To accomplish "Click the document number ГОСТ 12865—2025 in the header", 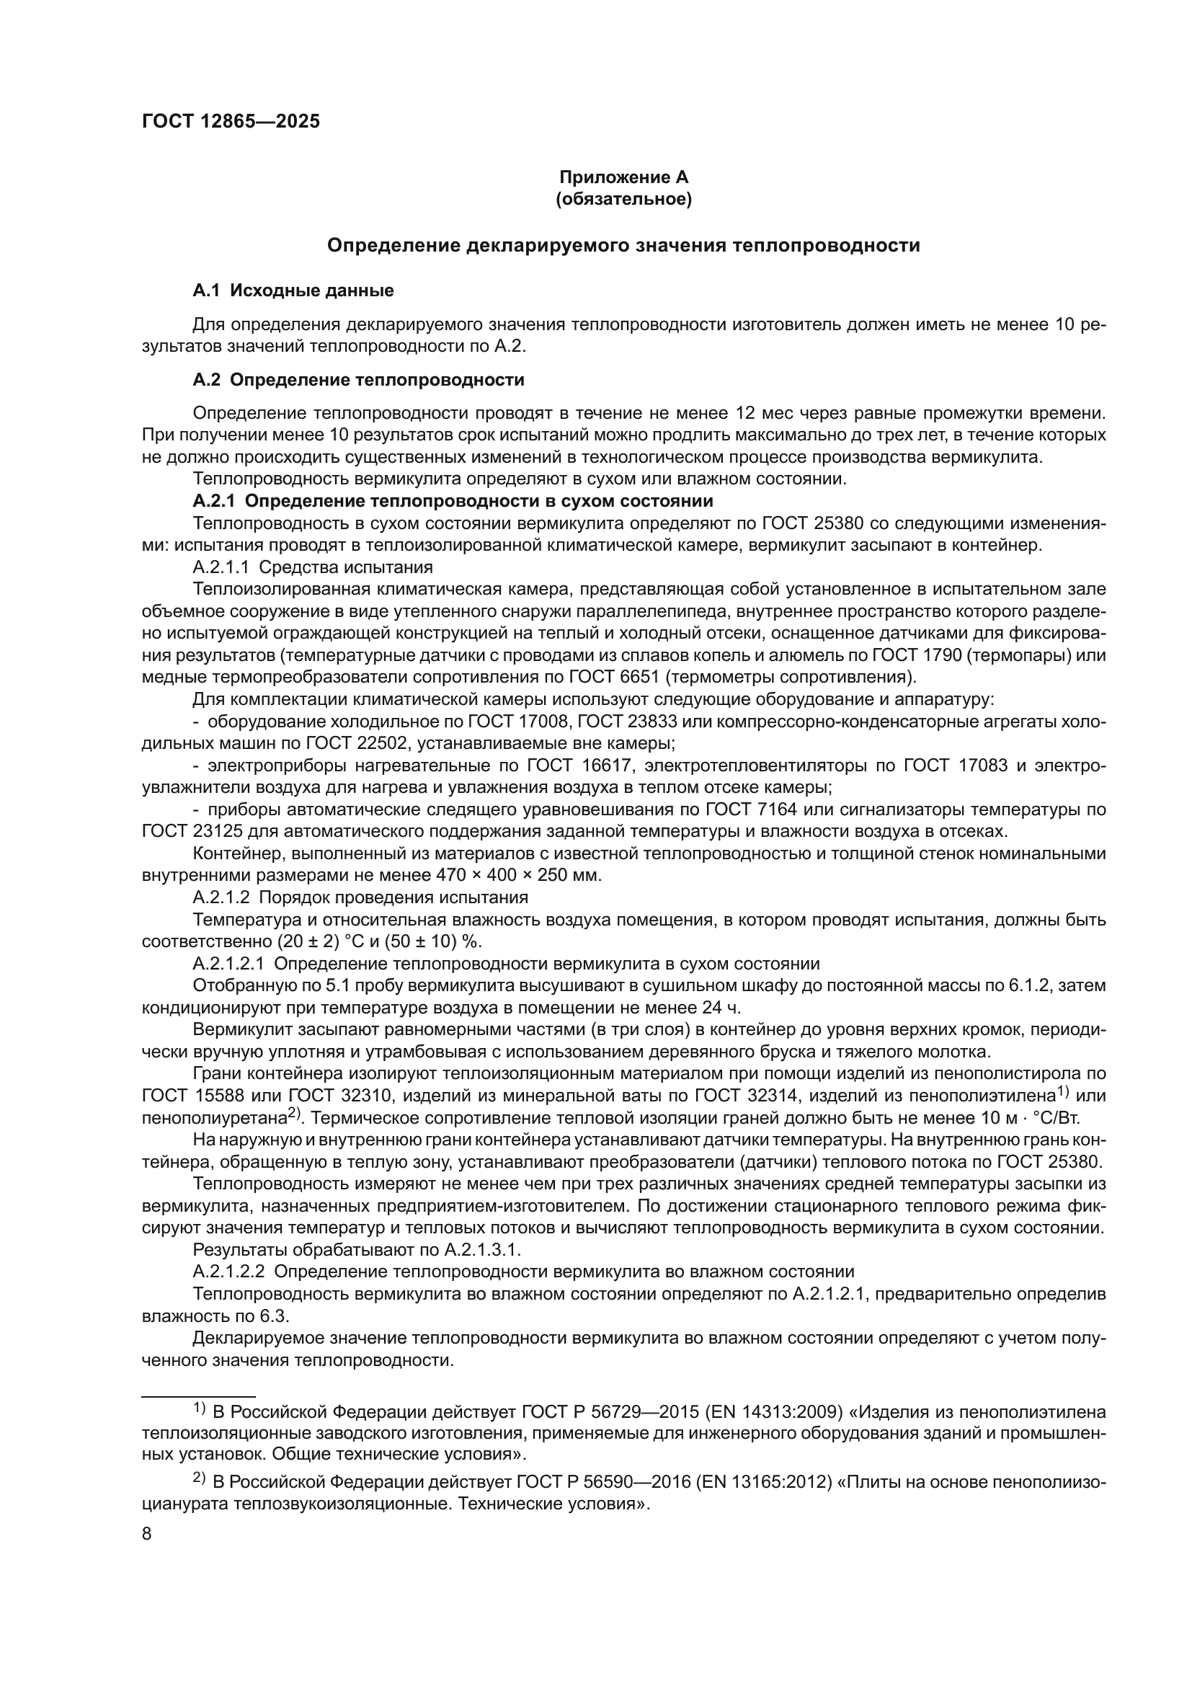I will [231, 122].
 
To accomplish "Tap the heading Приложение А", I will [624, 177].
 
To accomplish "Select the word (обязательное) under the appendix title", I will [624, 199].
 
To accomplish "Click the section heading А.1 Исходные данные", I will [293, 290].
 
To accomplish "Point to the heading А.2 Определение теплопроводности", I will [358, 381].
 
